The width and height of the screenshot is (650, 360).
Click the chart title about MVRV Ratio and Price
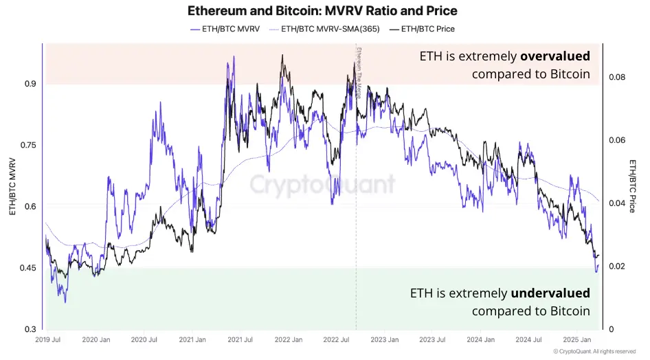click(x=322, y=11)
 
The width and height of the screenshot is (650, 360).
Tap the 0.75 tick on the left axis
click(x=27, y=145)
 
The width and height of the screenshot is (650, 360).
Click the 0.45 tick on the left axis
click(x=27, y=267)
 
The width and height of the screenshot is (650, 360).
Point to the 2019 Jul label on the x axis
click(x=48, y=339)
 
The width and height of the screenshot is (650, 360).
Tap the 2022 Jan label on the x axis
click(x=289, y=339)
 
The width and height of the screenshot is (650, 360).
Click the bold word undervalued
click(x=550, y=293)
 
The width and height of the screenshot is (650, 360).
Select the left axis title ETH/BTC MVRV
click(x=12, y=185)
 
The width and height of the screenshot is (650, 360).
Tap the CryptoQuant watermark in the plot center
click(x=322, y=184)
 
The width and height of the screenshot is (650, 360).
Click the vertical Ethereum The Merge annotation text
click(x=358, y=72)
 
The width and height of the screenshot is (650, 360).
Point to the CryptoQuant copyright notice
click(x=594, y=352)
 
